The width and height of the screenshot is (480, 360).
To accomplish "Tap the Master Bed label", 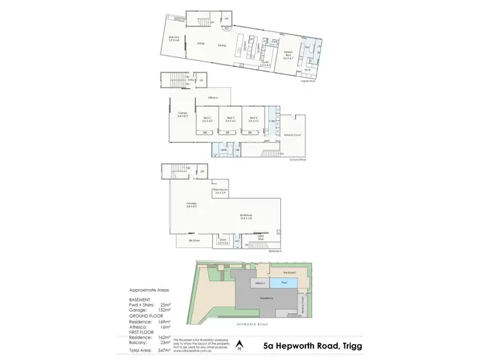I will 289,55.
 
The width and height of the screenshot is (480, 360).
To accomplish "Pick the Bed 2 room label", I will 207,118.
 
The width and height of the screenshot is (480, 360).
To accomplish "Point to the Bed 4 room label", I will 253,118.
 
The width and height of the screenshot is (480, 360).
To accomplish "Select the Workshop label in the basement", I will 246,217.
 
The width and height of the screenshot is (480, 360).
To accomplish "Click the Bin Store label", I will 195,240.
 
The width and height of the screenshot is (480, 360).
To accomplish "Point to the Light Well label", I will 261,237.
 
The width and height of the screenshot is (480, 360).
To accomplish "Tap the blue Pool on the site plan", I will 278,283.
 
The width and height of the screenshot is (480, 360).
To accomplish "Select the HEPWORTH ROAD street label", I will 254,325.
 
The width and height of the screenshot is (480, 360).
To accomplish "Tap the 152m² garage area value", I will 165,311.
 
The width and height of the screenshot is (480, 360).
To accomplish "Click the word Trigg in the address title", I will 349,346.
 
